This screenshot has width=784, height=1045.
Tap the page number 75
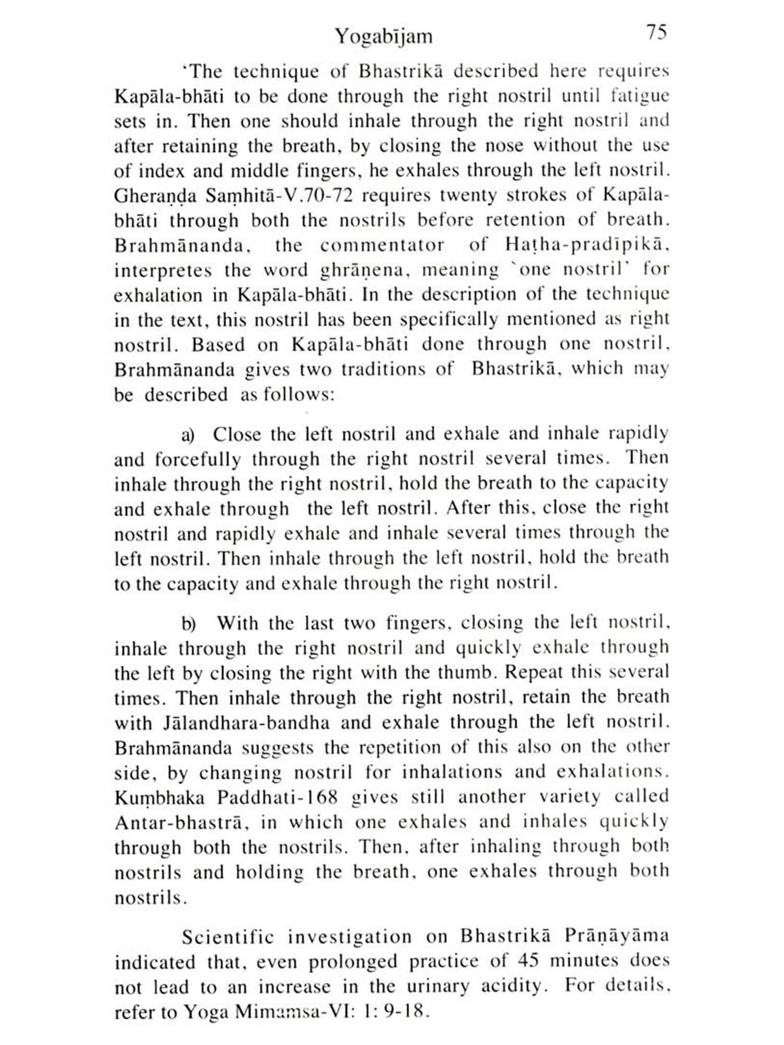click(656, 32)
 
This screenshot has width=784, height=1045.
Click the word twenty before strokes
click(469, 195)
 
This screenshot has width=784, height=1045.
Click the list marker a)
click(188, 435)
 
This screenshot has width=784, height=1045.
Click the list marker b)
click(189, 624)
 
